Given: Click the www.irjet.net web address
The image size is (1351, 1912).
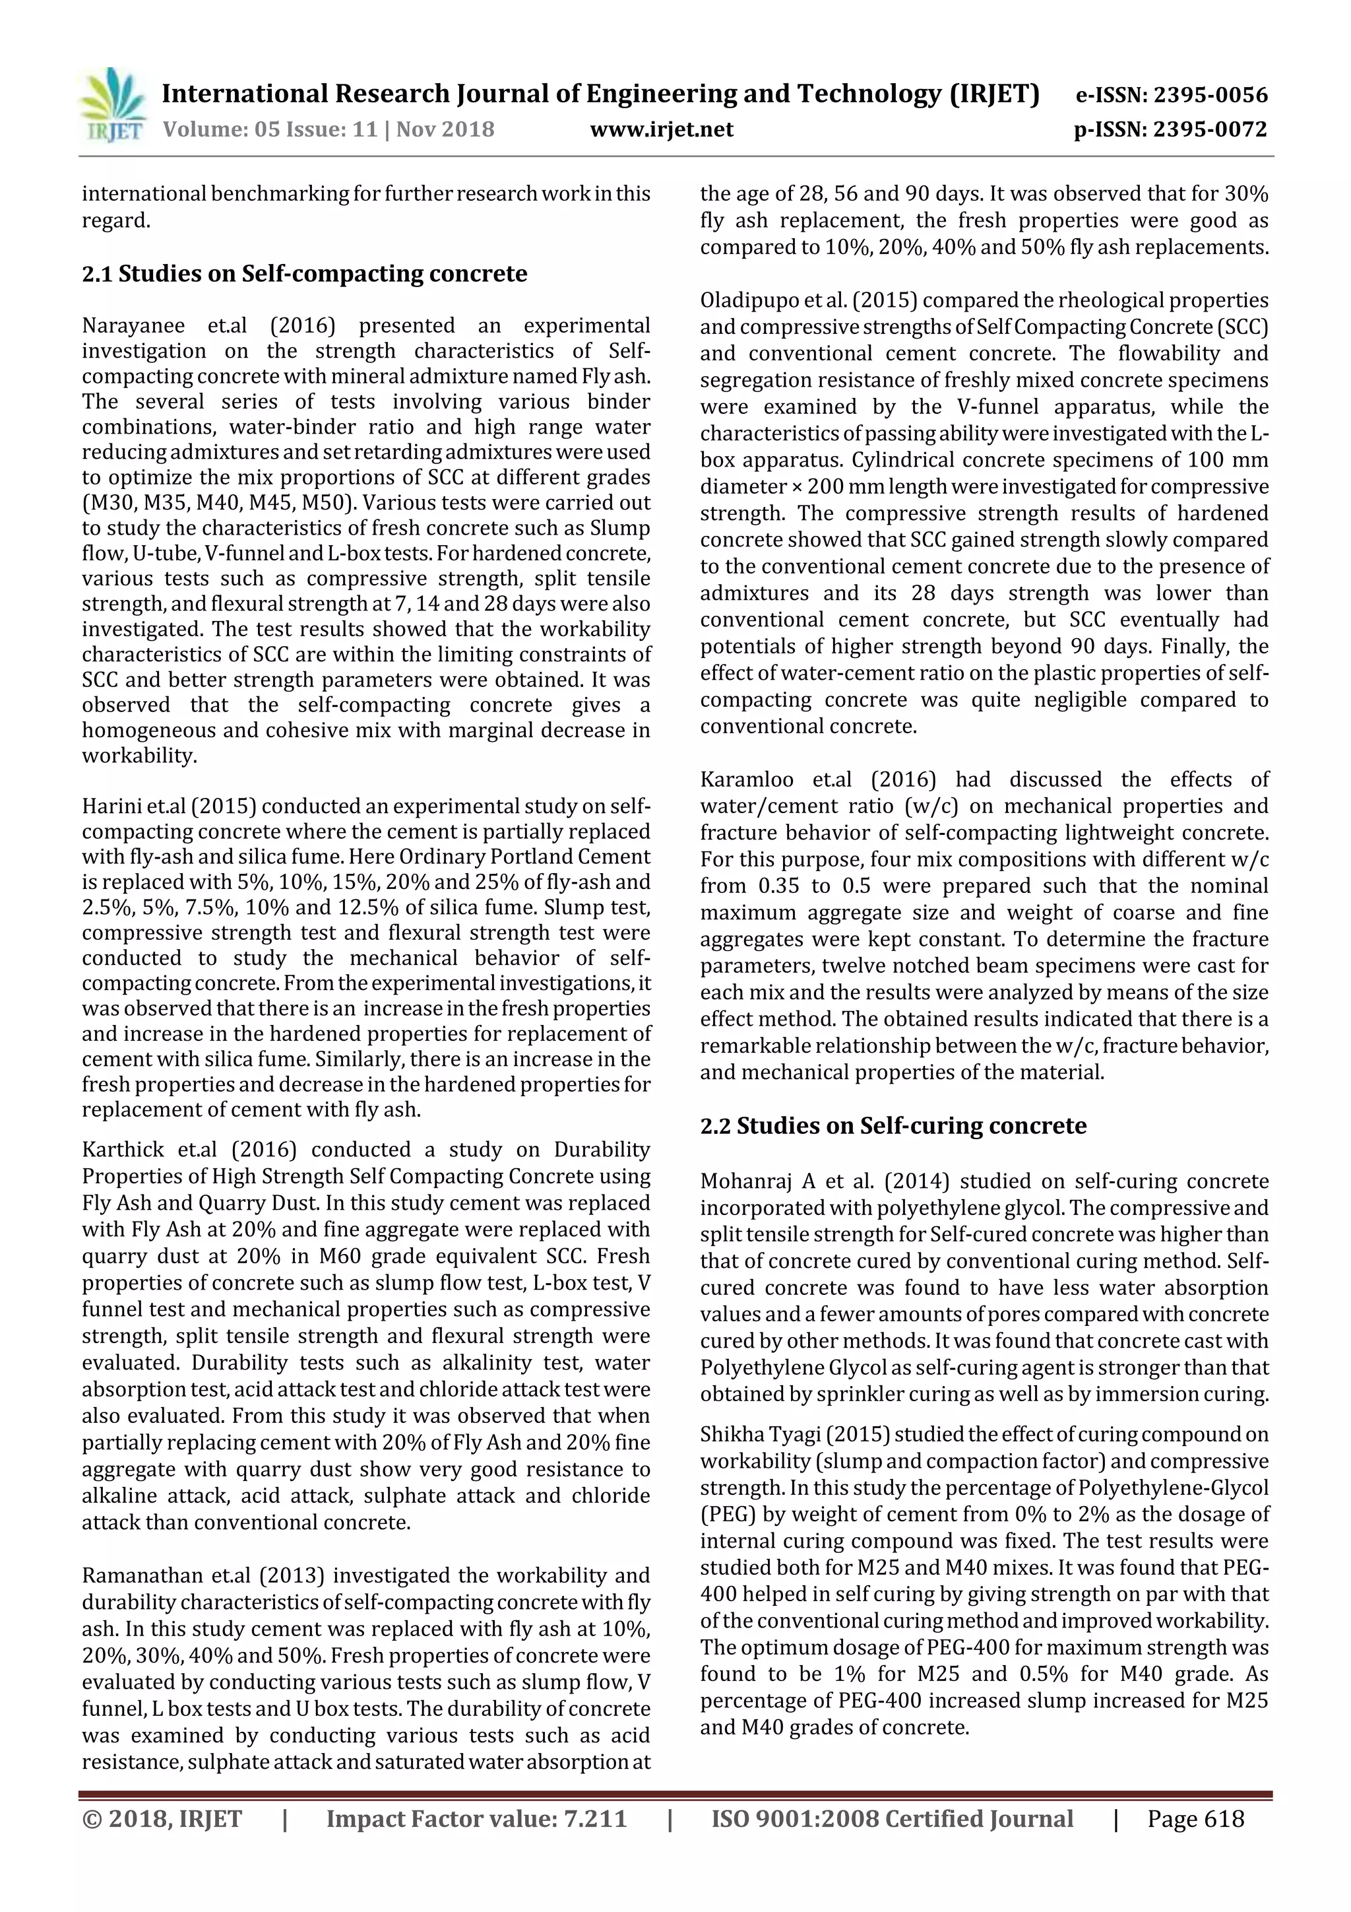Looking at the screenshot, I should (662, 129).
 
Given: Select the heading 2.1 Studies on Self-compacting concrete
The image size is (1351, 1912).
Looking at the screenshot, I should (305, 274).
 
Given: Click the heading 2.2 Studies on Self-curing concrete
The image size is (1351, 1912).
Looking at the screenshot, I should (893, 1126).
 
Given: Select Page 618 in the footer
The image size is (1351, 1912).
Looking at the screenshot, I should (1195, 1819).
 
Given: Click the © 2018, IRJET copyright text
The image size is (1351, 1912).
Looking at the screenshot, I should (162, 1819).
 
